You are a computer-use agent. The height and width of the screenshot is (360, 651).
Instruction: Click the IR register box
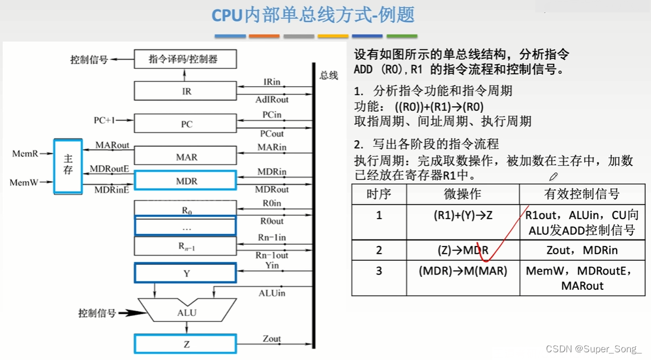(185, 91)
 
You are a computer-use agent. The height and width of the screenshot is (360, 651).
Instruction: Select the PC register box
(185, 124)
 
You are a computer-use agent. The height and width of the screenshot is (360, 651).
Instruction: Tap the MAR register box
(185, 157)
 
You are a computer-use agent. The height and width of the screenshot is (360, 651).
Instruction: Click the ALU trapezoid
(187, 312)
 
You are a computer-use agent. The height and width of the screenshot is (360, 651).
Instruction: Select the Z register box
(185, 345)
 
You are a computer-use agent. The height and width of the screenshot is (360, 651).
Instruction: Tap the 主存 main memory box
(68, 166)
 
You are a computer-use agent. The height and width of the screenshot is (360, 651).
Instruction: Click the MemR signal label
(25, 154)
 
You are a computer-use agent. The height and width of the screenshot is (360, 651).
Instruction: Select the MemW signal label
(24, 182)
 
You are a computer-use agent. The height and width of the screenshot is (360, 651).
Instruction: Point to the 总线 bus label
(328, 75)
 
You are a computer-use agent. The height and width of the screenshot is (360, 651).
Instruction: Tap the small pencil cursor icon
(554, 176)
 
